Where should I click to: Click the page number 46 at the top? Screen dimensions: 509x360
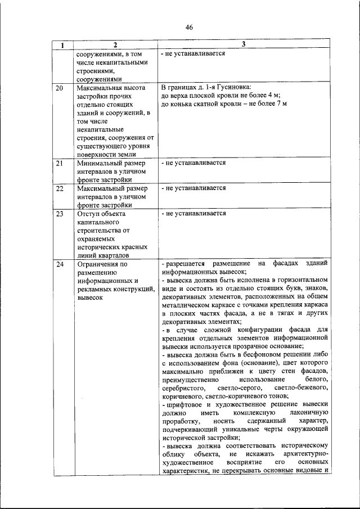pyautogui.click(x=189, y=26)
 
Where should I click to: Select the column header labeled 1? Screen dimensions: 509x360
pyautogui.click(x=62, y=45)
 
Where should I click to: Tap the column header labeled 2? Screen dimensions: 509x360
pyautogui.click(x=114, y=45)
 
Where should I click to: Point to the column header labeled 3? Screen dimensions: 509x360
pyautogui.click(x=244, y=44)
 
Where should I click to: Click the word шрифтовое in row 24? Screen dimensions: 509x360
pyautogui.click(x=188, y=405)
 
